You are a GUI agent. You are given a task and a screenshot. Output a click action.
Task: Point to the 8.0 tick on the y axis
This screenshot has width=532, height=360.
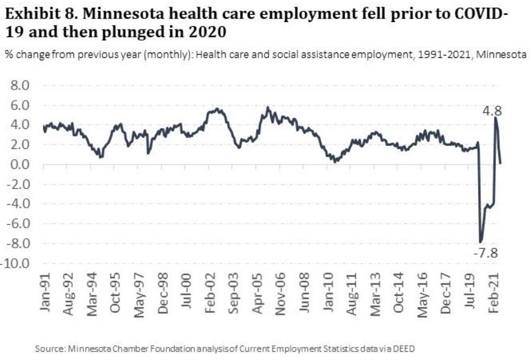pos(20,86)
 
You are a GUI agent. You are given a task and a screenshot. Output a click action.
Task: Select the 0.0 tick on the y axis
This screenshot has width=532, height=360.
pos(20,164)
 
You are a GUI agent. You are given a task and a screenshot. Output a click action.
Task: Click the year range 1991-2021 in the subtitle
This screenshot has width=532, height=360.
pos(448,55)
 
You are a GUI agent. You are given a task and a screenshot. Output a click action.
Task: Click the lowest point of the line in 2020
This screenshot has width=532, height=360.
pos(481,242)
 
